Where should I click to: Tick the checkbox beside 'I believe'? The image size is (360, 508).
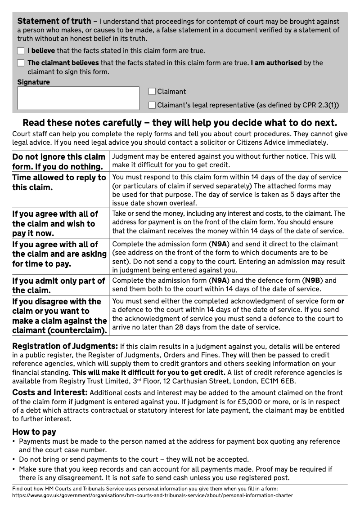(21, 51)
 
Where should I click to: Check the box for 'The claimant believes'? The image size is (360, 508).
(21, 63)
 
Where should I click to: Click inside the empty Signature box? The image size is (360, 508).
(78, 98)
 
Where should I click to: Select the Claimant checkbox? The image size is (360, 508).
(152, 92)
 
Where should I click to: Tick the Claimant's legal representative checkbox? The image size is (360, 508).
(152, 105)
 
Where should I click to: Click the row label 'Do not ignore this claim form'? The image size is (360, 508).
(58, 161)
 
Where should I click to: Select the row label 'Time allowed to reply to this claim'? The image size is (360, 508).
(58, 182)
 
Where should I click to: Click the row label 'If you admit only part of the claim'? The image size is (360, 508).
(58, 285)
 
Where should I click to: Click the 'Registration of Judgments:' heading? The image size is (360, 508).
(65, 347)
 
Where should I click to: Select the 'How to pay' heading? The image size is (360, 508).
(34, 432)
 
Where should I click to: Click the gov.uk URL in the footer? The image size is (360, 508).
(153, 495)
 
